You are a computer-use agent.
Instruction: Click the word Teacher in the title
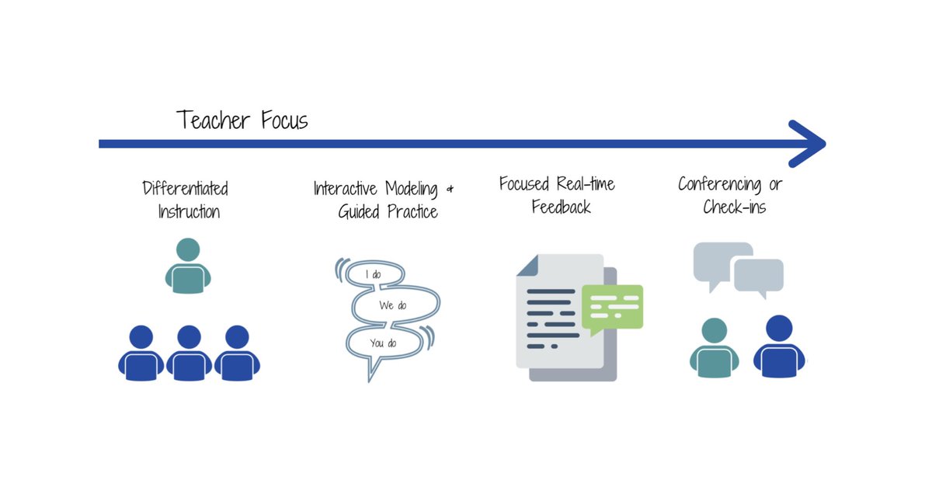(x=214, y=120)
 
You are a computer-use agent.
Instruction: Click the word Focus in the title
(x=284, y=120)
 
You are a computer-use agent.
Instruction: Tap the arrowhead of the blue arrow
(x=807, y=144)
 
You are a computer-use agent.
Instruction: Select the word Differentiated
(x=185, y=188)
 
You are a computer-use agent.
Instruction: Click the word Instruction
(x=189, y=211)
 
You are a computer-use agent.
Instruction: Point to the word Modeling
(x=412, y=189)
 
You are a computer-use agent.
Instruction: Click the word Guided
(x=359, y=211)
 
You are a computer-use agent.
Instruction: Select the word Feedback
(x=562, y=207)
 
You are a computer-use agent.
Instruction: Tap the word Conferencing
(x=720, y=184)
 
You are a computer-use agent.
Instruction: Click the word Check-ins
(x=735, y=207)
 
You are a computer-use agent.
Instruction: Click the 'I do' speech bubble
(x=376, y=275)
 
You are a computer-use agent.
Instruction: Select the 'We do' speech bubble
(x=395, y=305)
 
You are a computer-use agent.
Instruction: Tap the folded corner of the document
(x=527, y=265)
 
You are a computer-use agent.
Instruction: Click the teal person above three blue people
(x=188, y=266)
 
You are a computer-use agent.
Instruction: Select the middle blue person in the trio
(x=190, y=353)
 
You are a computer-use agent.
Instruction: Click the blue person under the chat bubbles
(x=779, y=346)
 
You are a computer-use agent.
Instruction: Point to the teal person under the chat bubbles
(x=715, y=348)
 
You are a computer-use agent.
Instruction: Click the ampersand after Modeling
(x=450, y=190)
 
